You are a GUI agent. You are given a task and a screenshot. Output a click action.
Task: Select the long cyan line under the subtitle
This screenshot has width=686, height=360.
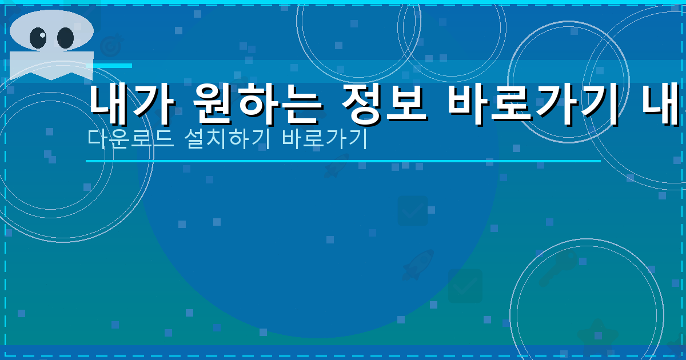point(343,161)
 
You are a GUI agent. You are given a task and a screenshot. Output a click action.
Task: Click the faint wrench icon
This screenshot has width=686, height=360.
point(554,269)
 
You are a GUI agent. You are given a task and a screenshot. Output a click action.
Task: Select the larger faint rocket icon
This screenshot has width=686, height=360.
point(417,264)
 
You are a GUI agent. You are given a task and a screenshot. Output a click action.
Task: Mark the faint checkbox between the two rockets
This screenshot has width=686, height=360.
point(413,211)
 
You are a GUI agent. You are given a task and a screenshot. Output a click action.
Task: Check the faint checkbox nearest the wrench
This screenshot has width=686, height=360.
point(465,285)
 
